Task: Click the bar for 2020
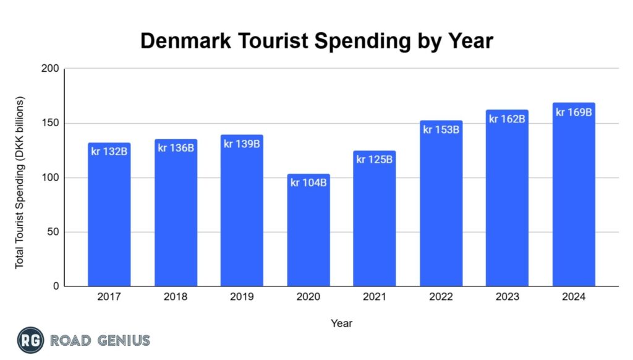click(x=308, y=235)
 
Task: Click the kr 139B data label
click(x=242, y=144)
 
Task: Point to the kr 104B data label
click(x=308, y=182)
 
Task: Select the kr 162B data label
click(x=507, y=119)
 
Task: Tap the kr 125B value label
click(x=375, y=160)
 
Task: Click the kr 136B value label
click(x=176, y=148)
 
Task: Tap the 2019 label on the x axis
click(x=242, y=297)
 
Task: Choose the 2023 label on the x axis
click(x=507, y=297)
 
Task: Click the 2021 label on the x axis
click(x=375, y=297)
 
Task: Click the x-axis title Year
click(x=341, y=323)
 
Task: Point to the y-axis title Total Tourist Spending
click(x=20, y=182)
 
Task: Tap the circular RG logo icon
click(x=30, y=340)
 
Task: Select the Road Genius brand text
click(x=100, y=340)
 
